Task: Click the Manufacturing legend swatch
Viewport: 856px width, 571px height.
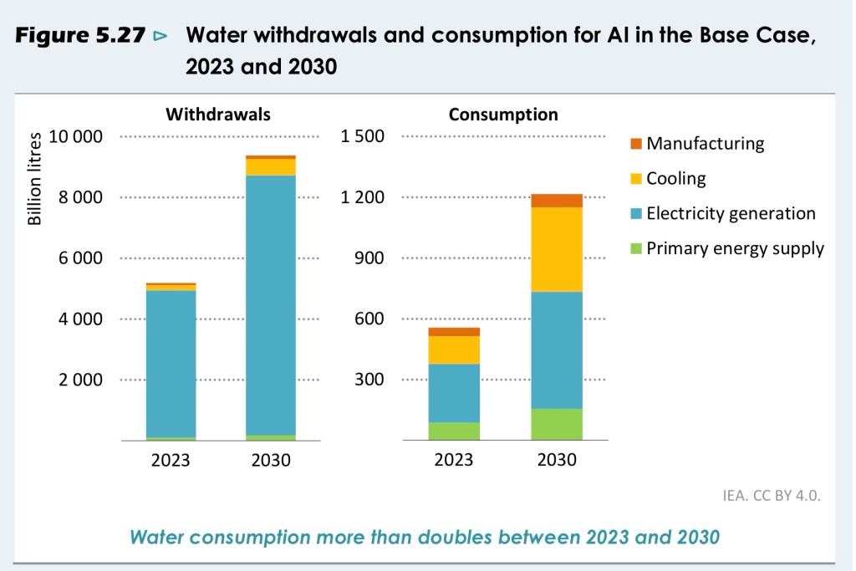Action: (635, 143)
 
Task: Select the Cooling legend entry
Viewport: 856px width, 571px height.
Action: (675, 178)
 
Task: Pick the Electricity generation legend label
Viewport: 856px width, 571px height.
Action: (731, 213)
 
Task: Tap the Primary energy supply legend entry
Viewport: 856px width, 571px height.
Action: (735, 248)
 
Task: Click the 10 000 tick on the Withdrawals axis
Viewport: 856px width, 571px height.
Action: (75, 137)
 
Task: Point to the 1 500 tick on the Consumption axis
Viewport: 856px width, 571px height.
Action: (363, 137)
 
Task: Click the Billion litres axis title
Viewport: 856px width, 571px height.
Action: (35, 181)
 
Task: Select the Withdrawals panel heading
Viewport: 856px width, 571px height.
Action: (218, 115)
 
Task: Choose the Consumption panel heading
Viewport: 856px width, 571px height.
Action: (503, 115)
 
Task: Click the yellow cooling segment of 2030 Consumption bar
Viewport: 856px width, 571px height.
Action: (558, 249)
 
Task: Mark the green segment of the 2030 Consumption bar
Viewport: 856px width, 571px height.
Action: (558, 424)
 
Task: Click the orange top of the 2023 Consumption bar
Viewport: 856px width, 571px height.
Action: (455, 332)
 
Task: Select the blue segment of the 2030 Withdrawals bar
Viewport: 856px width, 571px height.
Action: (271, 305)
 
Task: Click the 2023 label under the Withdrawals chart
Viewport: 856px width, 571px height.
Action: (171, 460)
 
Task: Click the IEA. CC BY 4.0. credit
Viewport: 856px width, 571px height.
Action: (772, 496)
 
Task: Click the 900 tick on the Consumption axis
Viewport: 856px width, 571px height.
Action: (369, 258)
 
